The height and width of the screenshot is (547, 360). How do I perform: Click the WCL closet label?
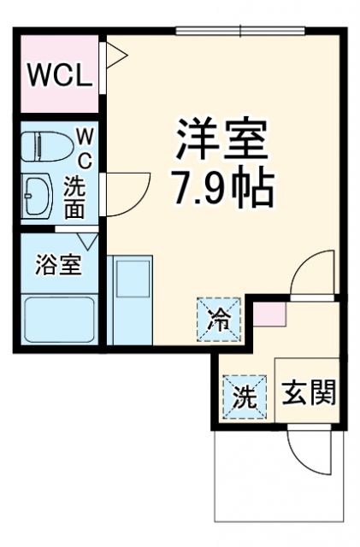click(x=59, y=76)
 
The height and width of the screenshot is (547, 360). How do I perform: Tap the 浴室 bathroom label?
click(x=58, y=265)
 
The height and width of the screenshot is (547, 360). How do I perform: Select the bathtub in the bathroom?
click(x=58, y=319)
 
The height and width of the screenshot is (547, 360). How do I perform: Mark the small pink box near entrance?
click(x=269, y=312)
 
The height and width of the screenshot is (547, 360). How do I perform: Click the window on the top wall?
click(x=240, y=32)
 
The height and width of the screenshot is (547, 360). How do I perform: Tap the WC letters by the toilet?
click(x=86, y=146)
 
